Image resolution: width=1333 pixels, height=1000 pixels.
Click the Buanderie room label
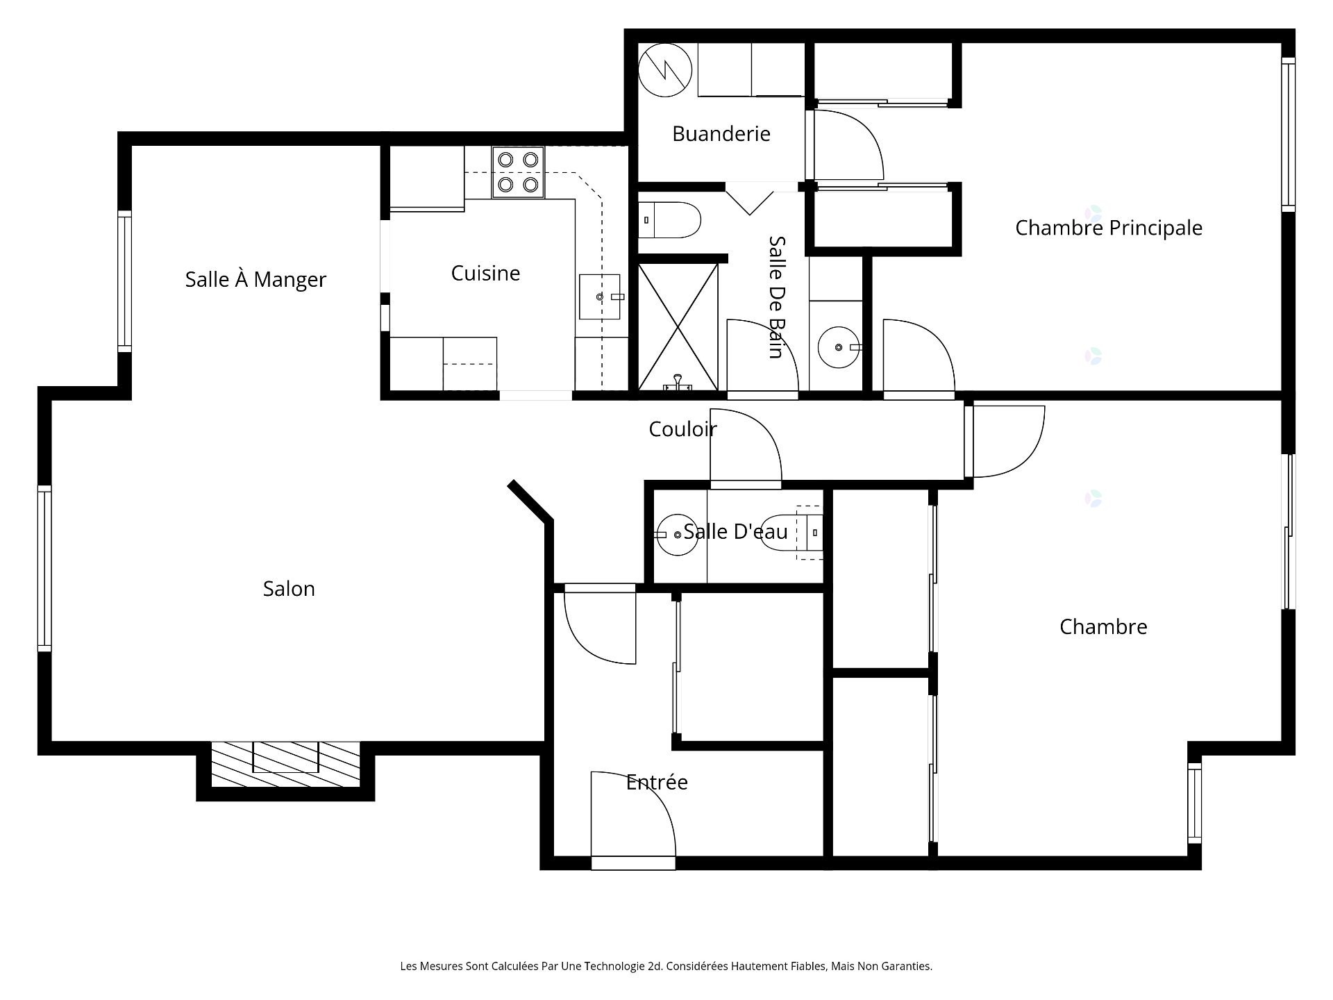pyautogui.click(x=721, y=133)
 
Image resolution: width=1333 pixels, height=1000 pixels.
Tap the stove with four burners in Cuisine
pyautogui.click(x=518, y=172)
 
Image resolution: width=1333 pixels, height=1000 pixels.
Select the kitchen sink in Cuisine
pyautogui.click(x=599, y=297)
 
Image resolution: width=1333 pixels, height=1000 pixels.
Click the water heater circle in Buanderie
pyautogui.click(x=665, y=70)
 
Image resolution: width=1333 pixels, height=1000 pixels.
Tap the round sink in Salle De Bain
pyautogui.click(x=838, y=347)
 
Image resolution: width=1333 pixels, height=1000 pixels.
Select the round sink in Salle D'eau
pyautogui.click(x=677, y=535)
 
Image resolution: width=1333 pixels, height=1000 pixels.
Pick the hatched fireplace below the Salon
pyautogui.click(x=285, y=764)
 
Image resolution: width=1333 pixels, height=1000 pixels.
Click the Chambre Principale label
pyautogui.click(x=1108, y=228)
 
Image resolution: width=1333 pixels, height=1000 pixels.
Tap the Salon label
pyautogui.click(x=289, y=589)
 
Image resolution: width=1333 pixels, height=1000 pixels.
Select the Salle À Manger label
pyautogui.click(x=255, y=279)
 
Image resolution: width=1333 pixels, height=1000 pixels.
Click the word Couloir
pyautogui.click(x=682, y=429)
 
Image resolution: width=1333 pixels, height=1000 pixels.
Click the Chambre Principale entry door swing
pyautogui.click(x=916, y=358)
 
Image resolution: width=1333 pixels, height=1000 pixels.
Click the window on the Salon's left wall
pyautogui.click(x=44, y=567)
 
